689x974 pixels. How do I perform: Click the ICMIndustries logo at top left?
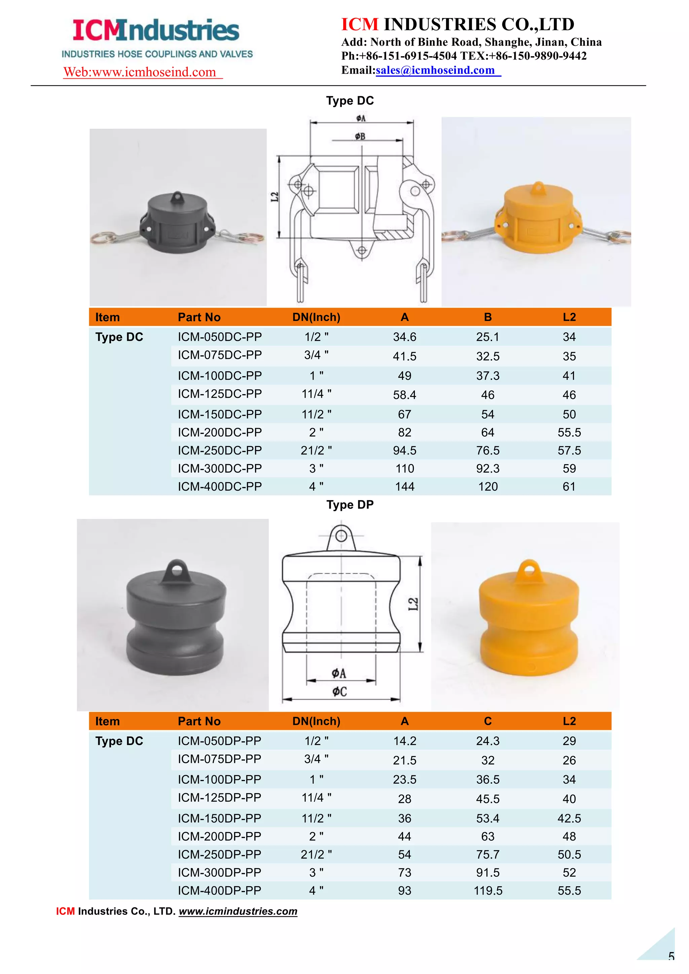click(156, 31)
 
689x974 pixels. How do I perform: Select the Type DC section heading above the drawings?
click(350, 101)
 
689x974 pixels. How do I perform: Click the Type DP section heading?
click(350, 504)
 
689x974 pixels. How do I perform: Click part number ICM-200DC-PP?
click(219, 432)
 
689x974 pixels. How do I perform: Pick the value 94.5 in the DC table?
click(404, 451)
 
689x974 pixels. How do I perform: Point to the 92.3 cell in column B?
click(487, 469)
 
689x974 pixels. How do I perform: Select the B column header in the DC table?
click(487, 317)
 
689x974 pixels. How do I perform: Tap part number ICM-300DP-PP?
click(219, 873)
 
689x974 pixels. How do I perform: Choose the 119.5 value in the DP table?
click(487, 891)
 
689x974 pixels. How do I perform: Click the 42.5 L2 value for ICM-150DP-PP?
click(569, 818)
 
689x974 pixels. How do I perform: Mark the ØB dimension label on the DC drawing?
click(360, 136)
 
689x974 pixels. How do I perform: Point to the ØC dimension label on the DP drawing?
click(339, 691)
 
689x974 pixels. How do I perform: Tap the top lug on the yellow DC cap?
click(538, 188)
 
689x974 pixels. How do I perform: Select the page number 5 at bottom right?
click(671, 956)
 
